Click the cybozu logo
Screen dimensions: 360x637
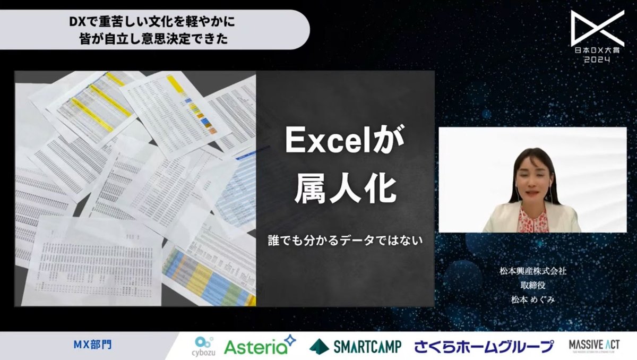click(x=203, y=346)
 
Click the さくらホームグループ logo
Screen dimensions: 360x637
click(x=484, y=346)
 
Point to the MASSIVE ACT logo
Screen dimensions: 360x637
click(x=593, y=345)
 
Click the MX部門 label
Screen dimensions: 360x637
click(x=92, y=346)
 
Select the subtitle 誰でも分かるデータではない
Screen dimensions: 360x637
click(x=345, y=240)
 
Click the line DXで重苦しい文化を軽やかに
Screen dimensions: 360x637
click(x=154, y=24)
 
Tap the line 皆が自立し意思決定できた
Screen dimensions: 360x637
click(x=154, y=39)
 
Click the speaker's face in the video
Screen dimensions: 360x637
click(x=533, y=177)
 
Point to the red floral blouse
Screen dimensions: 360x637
click(x=532, y=220)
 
